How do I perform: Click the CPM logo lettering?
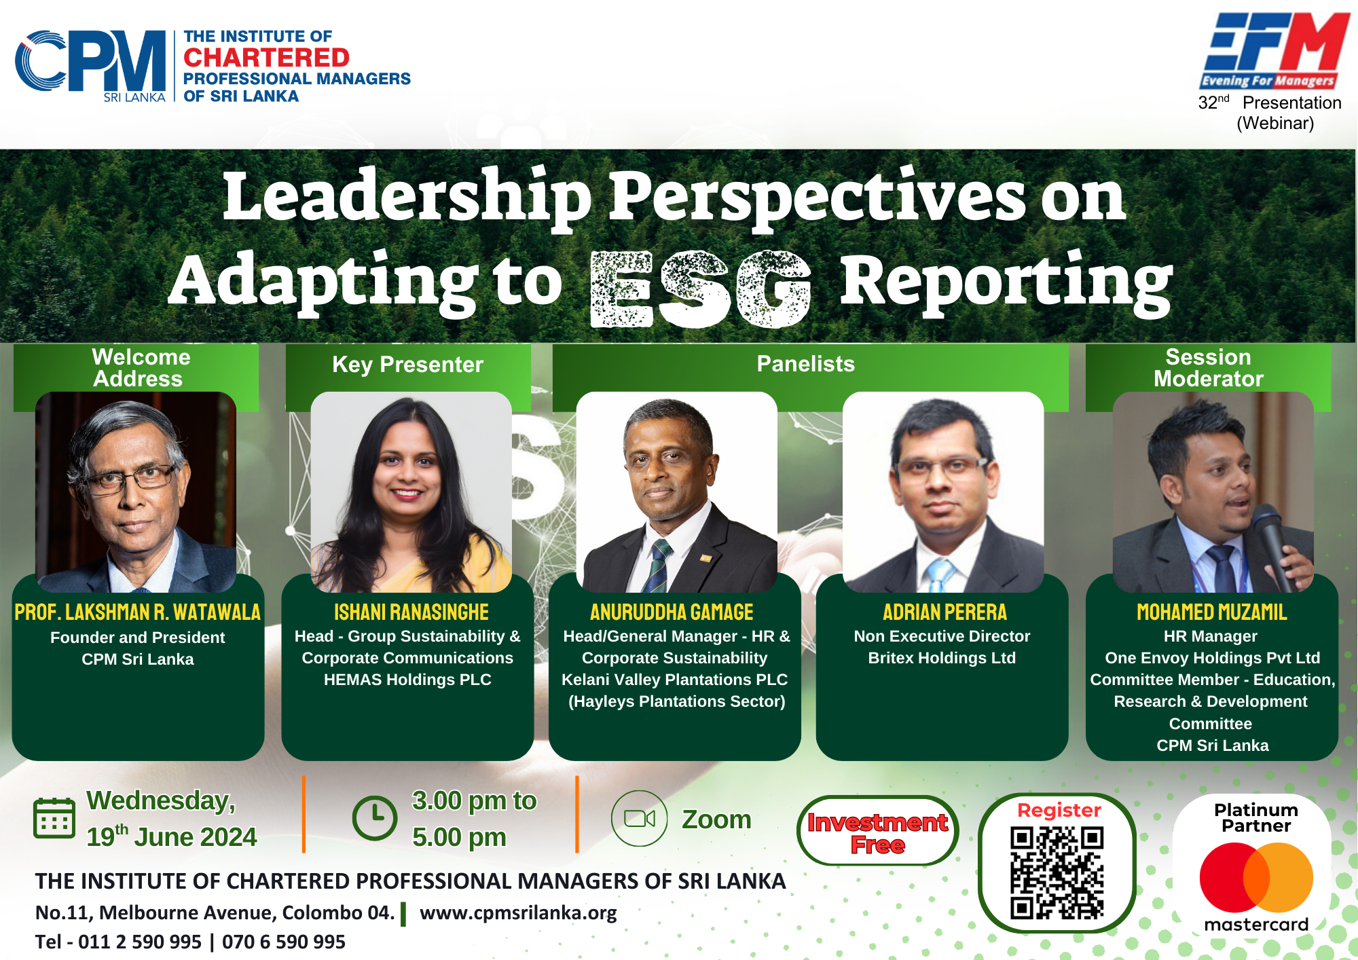(x=90, y=61)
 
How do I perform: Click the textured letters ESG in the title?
(x=701, y=289)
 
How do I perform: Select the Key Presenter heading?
(x=407, y=365)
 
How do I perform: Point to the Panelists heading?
(x=806, y=364)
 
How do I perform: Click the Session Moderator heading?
(x=1209, y=367)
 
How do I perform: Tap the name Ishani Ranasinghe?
(x=411, y=612)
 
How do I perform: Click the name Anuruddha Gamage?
(x=672, y=612)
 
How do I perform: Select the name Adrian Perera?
(x=944, y=612)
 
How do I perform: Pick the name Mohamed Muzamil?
(x=1212, y=612)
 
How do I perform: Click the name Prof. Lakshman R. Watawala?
(x=138, y=612)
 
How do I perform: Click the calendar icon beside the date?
(x=54, y=818)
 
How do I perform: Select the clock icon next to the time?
(x=375, y=818)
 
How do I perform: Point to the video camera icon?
(x=640, y=818)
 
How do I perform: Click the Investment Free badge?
(x=877, y=830)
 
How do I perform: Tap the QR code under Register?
(x=1057, y=872)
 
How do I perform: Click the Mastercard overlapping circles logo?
(x=1256, y=877)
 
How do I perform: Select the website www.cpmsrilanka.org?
(x=518, y=912)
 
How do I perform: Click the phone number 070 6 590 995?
(x=284, y=942)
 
